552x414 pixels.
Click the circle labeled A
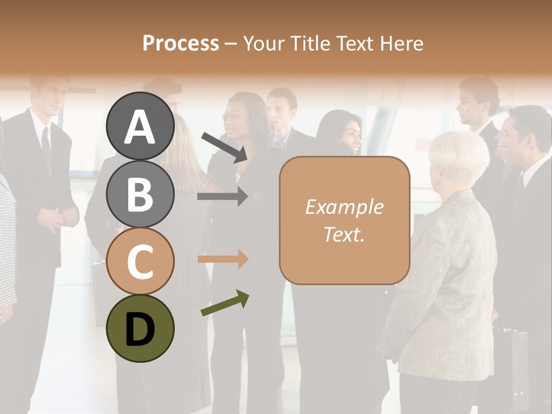140,126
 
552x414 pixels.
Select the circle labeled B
140,193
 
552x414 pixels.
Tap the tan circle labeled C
140,261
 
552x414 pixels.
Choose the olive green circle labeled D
140,328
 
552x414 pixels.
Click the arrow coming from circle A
225,147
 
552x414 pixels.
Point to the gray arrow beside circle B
223,197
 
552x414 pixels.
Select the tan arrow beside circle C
223,259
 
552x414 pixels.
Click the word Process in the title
181,44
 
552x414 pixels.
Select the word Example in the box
344,208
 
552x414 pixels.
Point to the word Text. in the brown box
344,234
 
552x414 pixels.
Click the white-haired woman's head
458,158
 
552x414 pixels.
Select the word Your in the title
263,44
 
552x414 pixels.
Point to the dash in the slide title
231,44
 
